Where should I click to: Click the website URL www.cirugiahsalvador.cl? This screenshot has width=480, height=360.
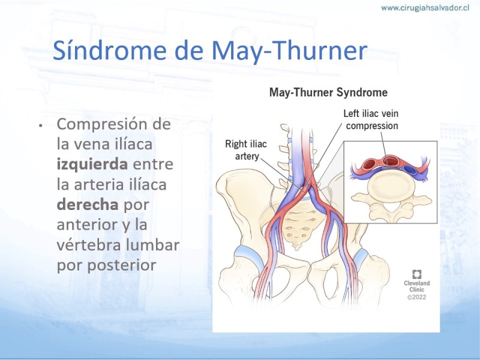pyautogui.click(x=425, y=8)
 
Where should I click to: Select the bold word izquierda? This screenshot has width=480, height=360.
pyautogui.click(x=92, y=164)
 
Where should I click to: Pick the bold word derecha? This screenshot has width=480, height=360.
pyautogui.click(x=88, y=205)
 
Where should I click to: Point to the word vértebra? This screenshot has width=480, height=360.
pyautogui.click(x=88, y=245)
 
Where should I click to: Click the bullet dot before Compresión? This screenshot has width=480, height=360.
pyautogui.click(x=40, y=125)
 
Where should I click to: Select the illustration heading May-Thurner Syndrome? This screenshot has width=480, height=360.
pyautogui.click(x=328, y=92)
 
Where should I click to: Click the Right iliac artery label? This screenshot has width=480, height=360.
pyautogui.click(x=246, y=150)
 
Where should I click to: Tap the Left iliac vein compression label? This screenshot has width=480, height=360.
pyautogui.click(x=371, y=119)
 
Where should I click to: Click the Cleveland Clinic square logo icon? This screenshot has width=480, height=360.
pyautogui.click(x=416, y=274)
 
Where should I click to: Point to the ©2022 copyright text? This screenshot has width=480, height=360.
pyautogui.click(x=416, y=297)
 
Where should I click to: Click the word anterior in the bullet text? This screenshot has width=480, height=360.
pyautogui.click(x=87, y=224)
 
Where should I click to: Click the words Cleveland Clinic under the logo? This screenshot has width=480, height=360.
pyautogui.click(x=416, y=286)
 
